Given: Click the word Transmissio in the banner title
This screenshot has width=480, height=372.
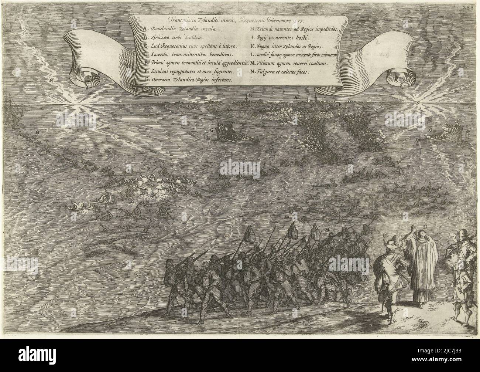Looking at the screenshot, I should (178, 21).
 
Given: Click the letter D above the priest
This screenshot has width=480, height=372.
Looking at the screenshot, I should (425, 226).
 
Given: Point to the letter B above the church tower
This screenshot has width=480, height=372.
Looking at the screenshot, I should (250, 96).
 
